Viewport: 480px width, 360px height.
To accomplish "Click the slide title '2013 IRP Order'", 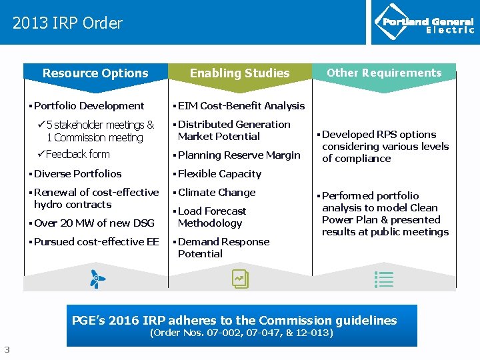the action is [67, 23].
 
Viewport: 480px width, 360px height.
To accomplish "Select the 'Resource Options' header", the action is [95, 73].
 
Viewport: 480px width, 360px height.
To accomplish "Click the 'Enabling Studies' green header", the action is [239, 73].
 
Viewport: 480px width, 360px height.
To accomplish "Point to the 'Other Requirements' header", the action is [384, 73].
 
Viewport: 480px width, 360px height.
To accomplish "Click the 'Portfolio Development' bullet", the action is [89, 105].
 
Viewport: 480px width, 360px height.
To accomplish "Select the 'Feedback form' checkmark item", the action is [77, 155].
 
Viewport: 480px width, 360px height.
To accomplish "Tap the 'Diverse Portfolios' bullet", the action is [77, 173].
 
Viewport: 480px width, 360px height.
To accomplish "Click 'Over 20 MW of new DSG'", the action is [94, 223].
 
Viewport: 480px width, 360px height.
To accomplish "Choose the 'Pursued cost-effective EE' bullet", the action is [96, 241].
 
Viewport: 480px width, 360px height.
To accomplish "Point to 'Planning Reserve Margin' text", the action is [239, 155].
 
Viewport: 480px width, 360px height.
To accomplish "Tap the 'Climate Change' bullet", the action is [216, 192].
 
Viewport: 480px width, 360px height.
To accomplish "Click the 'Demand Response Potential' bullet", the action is [223, 247].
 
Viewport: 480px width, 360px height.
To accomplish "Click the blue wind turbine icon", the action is [97, 279].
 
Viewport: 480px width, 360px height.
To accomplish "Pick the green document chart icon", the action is [240, 279].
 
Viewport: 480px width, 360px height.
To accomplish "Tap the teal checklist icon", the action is [385, 279].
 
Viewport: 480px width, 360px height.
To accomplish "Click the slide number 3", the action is [7, 349].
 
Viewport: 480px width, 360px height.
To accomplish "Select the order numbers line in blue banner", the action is [241, 333].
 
